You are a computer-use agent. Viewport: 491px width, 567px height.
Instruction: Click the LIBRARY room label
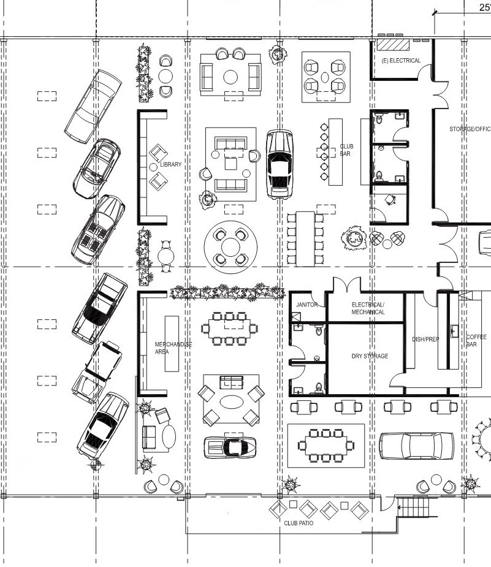tap(170, 165)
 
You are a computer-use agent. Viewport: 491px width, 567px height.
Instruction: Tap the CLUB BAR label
tap(346, 150)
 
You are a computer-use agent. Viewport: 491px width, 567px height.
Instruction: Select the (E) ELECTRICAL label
tap(401, 61)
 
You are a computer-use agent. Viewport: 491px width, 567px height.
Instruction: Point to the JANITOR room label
tap(306, 305)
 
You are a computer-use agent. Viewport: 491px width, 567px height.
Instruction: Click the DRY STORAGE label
tap(369, 356)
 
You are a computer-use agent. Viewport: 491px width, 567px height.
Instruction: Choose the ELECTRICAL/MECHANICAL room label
tap(368, 308)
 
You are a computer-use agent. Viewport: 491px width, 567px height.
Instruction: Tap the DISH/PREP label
tap(425, 339)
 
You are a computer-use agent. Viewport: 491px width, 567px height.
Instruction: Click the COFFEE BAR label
tap(476, 341)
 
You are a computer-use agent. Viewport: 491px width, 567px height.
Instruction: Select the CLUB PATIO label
tap(299, 523)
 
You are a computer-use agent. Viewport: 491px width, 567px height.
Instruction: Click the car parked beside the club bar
tap(279, 164)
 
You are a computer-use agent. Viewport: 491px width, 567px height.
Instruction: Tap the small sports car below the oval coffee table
tap(230, 446)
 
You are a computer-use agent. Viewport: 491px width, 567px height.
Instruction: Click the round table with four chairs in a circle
tap(231, 247)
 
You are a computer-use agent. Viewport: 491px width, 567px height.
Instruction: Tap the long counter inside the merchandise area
tap(172, 343)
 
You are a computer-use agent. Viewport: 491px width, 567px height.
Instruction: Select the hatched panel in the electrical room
tap(392, 44)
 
